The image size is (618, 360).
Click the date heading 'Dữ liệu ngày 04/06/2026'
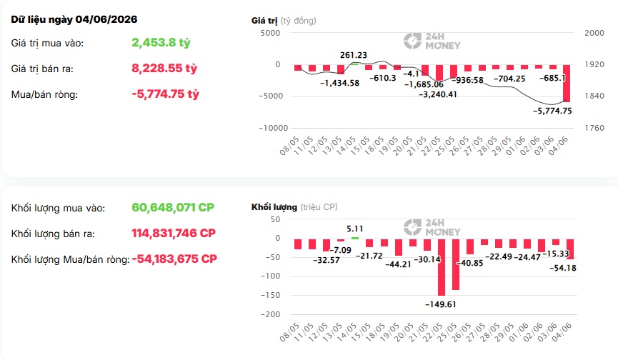point(74,20)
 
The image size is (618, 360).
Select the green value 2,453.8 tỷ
point(161,43)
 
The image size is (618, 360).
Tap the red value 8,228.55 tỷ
point(164,68)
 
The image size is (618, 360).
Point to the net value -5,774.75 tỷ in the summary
point(166,94)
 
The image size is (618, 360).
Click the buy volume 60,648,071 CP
point(173,207)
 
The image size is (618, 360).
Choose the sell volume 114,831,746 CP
point(174,233)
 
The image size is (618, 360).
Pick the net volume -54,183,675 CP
point(174,259)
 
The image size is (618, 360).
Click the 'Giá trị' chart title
point(264,21)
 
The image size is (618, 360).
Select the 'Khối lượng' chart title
point(274,207)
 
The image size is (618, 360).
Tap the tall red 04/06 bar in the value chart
point(567,83)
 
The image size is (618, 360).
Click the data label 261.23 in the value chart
point(354,55)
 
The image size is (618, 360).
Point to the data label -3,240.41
point(437,94)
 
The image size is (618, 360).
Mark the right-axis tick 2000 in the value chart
point(594,33)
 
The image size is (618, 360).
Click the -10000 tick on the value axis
point(274,128)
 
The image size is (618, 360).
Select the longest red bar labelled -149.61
point(442,266)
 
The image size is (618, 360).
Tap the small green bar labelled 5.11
point(354,238)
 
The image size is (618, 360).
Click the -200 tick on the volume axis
point(270,314)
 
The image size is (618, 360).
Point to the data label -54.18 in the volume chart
point(563,269)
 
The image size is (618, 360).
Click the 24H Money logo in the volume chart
point(432,228)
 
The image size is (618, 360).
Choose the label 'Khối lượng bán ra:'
point(53,234)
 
